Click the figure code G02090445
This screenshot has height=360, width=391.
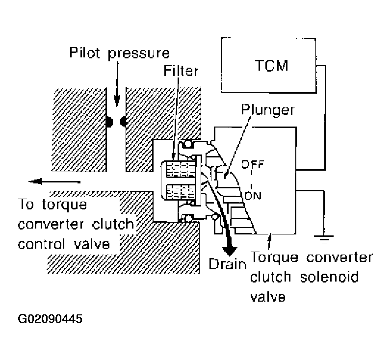point(51,319)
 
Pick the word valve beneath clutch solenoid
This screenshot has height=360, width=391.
point(268,296)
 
